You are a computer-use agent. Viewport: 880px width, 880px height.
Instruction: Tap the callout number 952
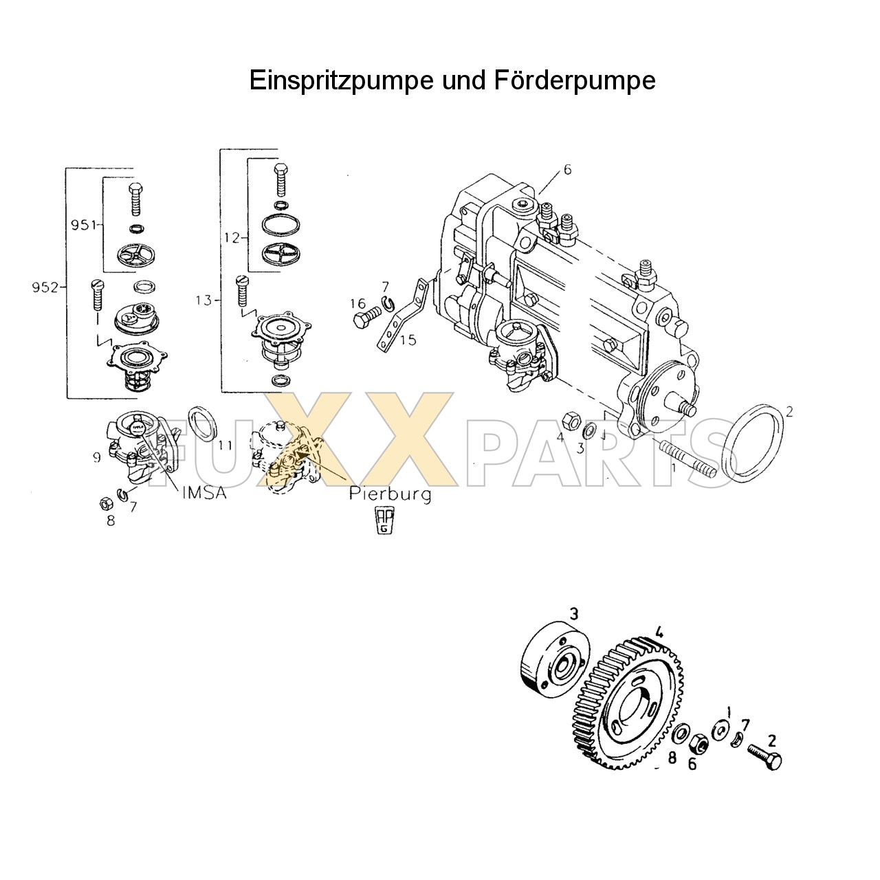click(x=45, y=287)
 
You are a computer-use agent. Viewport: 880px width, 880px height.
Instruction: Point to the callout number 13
click(x=204, y=300)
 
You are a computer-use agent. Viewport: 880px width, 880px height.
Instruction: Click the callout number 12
click(x=231, y=238)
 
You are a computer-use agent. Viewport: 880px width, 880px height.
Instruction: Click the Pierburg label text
click(x=390, y=493)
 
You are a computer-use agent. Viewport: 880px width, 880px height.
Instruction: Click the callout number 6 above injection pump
click(x=567, y=170)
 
